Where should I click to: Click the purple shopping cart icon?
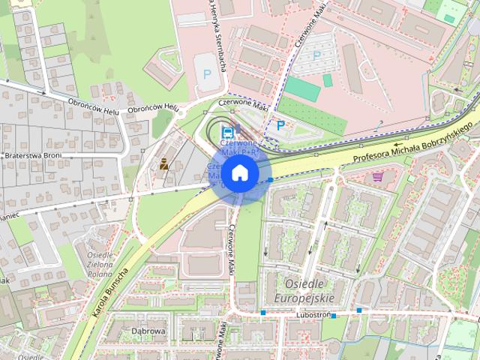377,177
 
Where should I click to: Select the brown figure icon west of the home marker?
163,163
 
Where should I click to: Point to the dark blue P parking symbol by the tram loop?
280,126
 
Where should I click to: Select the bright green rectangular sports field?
301,89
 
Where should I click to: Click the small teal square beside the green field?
327,79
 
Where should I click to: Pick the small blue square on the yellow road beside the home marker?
270,180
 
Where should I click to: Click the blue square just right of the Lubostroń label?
359,310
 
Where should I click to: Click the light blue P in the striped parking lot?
316,55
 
